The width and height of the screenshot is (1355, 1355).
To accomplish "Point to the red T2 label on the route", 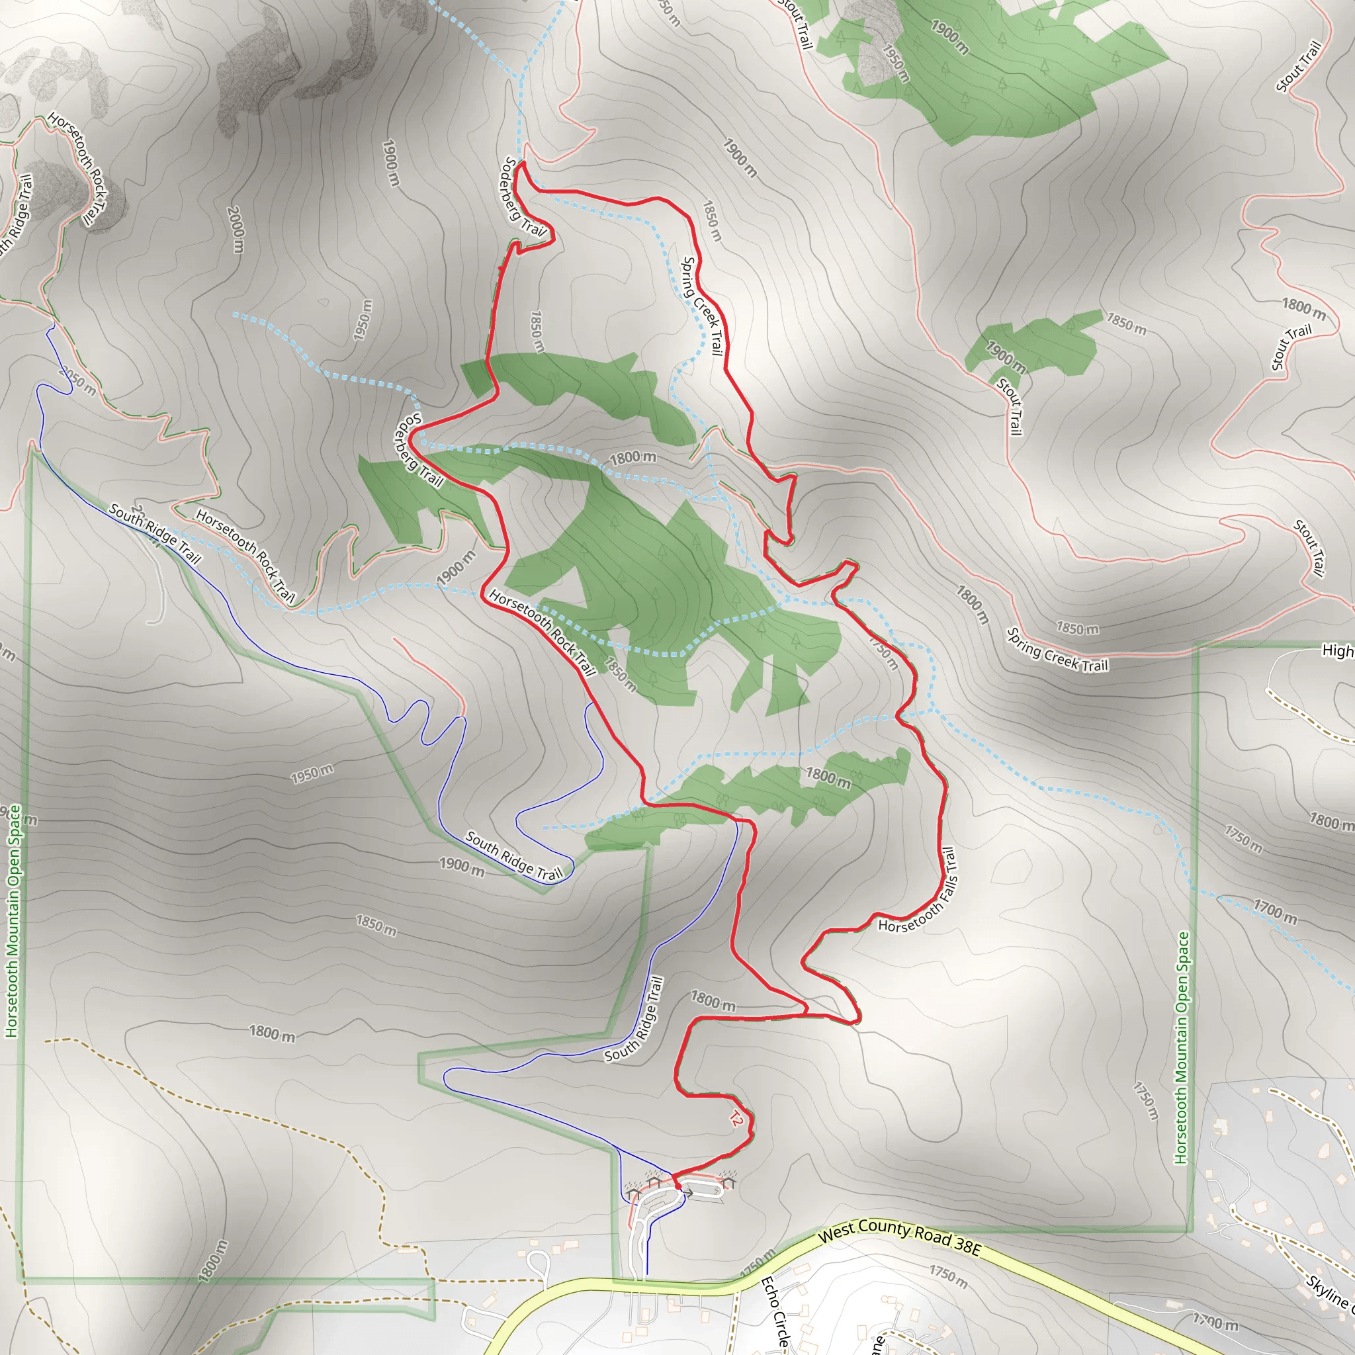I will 734,1119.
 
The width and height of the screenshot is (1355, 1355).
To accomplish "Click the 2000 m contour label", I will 236,230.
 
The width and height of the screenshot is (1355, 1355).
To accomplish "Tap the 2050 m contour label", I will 77,381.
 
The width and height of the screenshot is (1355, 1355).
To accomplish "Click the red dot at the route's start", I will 677,1185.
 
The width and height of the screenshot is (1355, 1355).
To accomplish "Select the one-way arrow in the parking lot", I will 689,1193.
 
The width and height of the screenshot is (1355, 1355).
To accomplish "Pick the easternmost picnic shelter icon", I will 727,1182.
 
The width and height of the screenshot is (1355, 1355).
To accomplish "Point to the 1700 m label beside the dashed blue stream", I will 1275,911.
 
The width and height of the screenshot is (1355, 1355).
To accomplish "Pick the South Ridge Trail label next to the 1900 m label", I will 513,856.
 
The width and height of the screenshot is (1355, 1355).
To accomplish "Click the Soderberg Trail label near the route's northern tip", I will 523,197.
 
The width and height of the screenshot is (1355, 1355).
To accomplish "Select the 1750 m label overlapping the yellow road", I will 757,1262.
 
